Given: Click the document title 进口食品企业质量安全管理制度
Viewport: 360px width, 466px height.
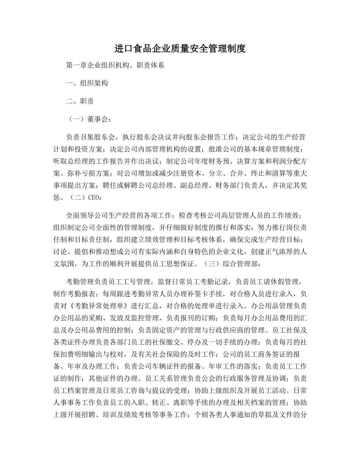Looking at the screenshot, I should click(x=180, y=49).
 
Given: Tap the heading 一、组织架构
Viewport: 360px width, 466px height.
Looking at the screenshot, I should click(x=87, y=83).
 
